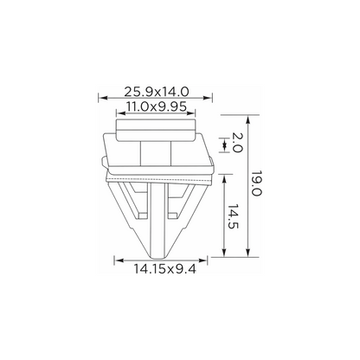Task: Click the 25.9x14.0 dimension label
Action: pos(157,92)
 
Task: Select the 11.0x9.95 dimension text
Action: pos(157,106)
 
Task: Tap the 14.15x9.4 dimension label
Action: pos(164,269)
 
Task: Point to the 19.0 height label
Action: pos(256,183)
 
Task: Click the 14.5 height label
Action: pos(233,216)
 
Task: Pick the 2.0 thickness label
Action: pos(238,142)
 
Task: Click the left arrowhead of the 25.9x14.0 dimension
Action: pos(103,98)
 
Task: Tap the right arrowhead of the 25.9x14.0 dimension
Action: pos(208,98)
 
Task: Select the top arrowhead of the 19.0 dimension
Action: pos(247,119)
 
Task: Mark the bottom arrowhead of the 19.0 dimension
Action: pos(247,253)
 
